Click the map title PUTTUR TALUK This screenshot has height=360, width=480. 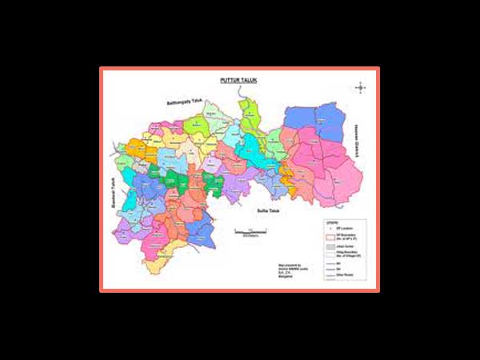[238, 82]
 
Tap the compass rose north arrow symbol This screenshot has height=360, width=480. [362, 86]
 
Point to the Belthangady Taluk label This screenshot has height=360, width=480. [186, 104]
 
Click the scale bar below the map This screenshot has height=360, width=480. [250, 231]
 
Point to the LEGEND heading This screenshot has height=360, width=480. [330, 222]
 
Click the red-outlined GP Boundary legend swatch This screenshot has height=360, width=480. [329, 238]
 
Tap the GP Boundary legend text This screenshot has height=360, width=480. [346, 238]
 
